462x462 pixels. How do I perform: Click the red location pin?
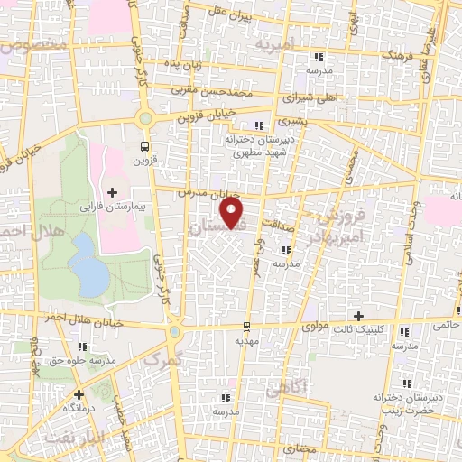[x=233, y=212]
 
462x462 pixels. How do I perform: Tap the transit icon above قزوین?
[x=143, y=145]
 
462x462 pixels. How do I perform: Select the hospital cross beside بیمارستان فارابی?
[x=112, y=191]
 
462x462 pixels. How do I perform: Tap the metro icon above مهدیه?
[x=246, y=326]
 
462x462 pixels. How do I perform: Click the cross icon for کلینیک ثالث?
[x=359, y=316]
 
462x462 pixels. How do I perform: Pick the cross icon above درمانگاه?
[x=79, y=394]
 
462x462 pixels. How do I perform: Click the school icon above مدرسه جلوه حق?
[x=82, y=346]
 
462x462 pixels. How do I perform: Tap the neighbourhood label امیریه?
[x=274, y=43]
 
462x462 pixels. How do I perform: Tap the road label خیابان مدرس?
[x=208, y=193]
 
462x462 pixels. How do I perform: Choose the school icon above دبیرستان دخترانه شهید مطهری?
[x=260, y=125]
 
